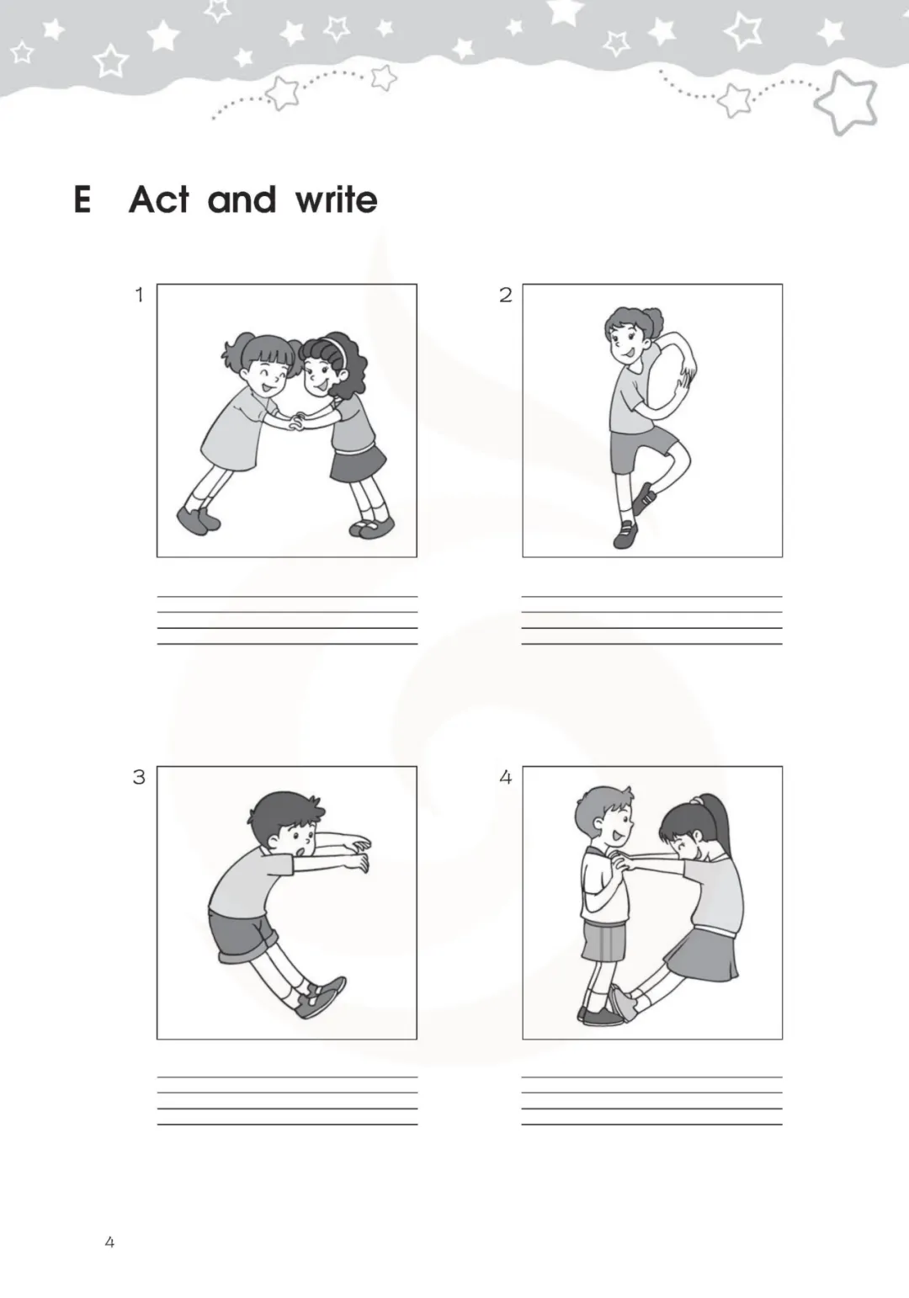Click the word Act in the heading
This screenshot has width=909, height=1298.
159,199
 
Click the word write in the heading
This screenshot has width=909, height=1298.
336,200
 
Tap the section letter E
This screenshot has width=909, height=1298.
82,199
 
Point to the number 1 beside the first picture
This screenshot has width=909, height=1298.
139,295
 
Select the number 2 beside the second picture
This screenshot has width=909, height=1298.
505,295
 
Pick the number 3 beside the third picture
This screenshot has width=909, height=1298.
139,777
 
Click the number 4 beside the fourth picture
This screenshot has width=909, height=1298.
505,777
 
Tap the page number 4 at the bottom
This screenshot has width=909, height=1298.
109,1242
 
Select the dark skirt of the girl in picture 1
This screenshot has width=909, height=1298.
358,462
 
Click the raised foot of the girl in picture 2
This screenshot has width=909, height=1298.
644,498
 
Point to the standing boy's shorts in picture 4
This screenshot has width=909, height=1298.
603,939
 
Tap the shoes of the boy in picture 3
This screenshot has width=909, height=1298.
320,996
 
